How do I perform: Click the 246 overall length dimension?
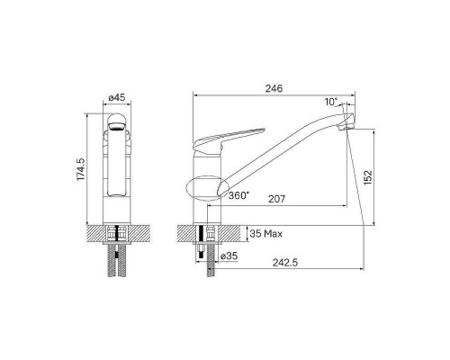coord(274,88)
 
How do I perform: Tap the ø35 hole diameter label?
coord(229,257)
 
